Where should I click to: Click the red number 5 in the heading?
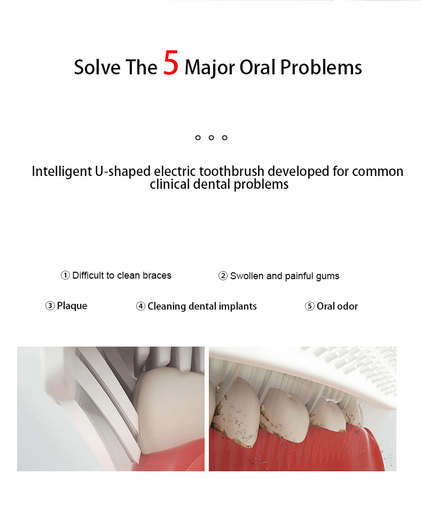(170, 63)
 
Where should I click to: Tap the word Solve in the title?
(98, 67)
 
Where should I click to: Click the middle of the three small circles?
(211, 138)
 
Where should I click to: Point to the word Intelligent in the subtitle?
(61, 171)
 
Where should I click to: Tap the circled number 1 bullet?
(65, 275)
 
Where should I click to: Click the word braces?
(157, 275)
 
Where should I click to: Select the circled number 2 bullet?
(223, 276)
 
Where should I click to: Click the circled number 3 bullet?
(50, 305)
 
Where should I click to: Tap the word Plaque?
(72, 306)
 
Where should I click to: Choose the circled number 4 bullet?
(140, 306)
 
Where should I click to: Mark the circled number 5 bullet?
(309, 306)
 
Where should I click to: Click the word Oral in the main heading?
(257, 67)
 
